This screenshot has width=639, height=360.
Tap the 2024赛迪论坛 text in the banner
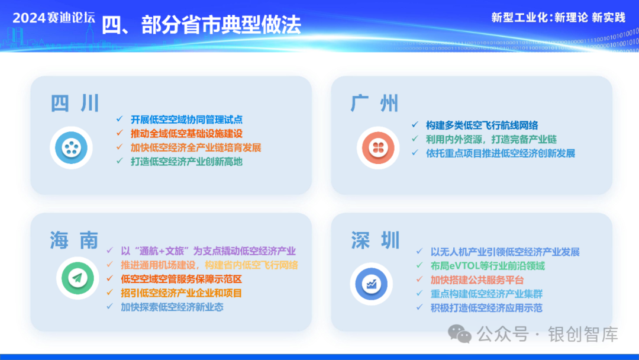click(54, 18)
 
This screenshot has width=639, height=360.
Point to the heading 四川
click(75, 103)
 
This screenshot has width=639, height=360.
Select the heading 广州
click(375, 103)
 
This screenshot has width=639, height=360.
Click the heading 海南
click(75, 240)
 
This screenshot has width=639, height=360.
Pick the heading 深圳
click(375, 240)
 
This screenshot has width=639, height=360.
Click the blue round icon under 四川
click(72, 147)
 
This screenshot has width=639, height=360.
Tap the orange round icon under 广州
click(377, 147)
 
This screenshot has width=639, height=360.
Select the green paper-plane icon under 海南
click(78, 278)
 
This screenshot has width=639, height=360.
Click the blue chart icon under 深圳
click(371, 284)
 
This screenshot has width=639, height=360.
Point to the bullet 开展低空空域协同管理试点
click(186, 120)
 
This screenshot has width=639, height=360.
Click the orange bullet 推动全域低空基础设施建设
click(186, 134)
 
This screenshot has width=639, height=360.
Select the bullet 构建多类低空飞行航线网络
click(482, 125)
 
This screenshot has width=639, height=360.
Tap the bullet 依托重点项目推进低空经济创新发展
click(501, 153)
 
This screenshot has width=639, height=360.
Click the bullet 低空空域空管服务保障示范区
click(182, 279)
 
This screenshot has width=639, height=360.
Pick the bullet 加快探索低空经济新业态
click(172, 307)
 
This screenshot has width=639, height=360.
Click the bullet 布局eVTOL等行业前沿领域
click(488, 266)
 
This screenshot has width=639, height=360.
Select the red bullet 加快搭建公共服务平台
click(477, 280)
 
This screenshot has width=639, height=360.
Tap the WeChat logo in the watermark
click(460, 335)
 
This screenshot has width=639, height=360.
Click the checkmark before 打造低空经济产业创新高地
click(120, 161)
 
